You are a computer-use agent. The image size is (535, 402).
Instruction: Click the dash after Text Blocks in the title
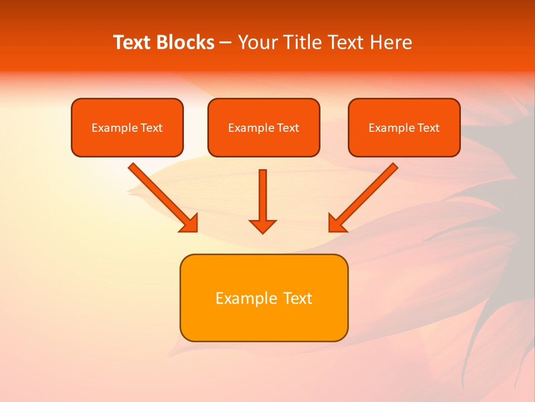[226, 43]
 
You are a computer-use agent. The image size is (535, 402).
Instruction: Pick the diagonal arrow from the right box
[368, 193]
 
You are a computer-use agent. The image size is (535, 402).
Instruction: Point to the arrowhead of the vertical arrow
[262, 226]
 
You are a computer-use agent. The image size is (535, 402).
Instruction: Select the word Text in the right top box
[428, 128]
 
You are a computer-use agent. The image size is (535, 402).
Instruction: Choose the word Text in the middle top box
[288, 128]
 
